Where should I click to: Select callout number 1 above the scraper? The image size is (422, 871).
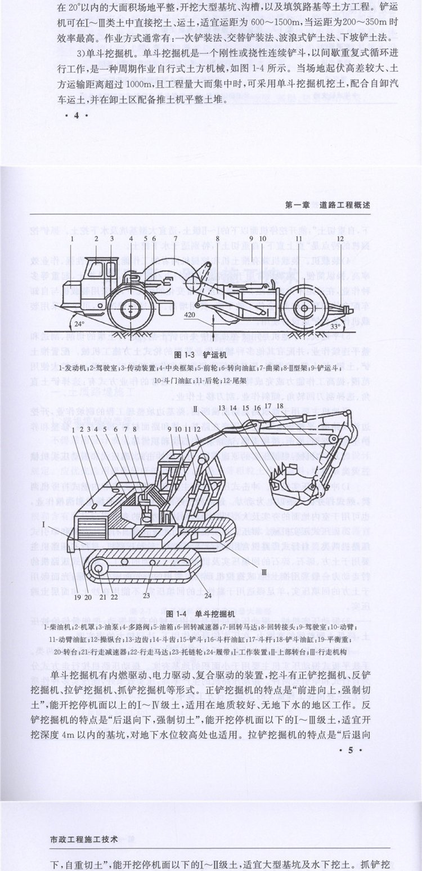[x=72, y=238]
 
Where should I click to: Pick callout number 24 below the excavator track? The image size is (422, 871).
[x=208, y=594]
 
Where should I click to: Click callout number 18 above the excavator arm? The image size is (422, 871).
[x=280, y=406]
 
